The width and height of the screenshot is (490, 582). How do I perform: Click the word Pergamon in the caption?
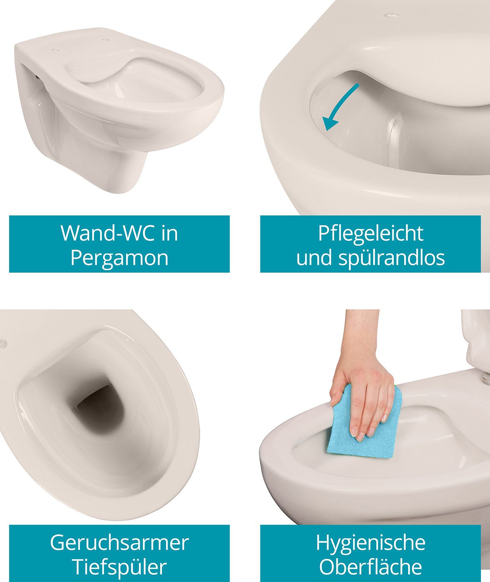[x=119, y=258]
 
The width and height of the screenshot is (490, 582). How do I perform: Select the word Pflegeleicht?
[x=371, y=234]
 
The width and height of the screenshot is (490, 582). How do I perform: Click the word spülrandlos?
[x=391, y=258]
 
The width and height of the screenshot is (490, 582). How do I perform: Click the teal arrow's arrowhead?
[x=330, y=123]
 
